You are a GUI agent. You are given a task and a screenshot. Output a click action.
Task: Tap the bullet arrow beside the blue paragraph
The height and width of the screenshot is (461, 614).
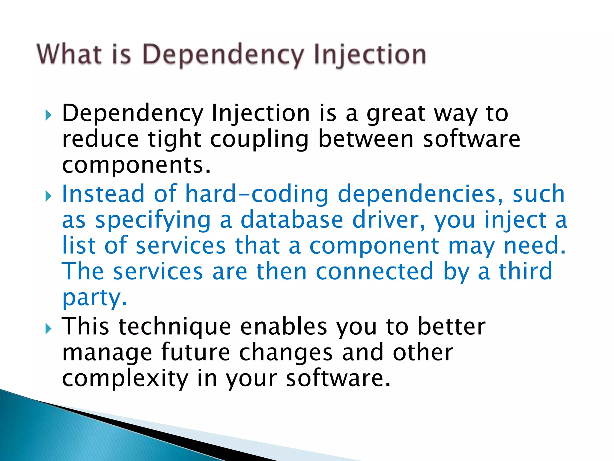[x=48, y=197]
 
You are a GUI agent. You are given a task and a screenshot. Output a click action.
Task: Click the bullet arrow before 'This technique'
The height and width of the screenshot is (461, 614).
[x=48, y=329]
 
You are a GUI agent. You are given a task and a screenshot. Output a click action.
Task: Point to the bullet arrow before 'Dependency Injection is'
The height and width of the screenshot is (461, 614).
[x=48, y=115]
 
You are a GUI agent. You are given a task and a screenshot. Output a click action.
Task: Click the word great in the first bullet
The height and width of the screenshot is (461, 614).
[x=396, y=114]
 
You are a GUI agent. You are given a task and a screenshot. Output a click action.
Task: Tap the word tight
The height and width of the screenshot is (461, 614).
[x=174, y=140]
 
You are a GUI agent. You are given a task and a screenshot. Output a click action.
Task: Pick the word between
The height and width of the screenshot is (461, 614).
[x=366, y=139]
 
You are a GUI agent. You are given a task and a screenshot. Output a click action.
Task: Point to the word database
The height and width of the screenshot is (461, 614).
[x=292, y=220]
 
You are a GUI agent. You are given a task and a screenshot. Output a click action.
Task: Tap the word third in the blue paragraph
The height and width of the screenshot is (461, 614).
[x=525, y=271]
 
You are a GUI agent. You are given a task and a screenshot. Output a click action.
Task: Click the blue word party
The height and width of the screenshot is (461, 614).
[x=91, y=298]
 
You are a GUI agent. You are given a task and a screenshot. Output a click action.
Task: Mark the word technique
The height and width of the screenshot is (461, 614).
[x=175, y=327]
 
